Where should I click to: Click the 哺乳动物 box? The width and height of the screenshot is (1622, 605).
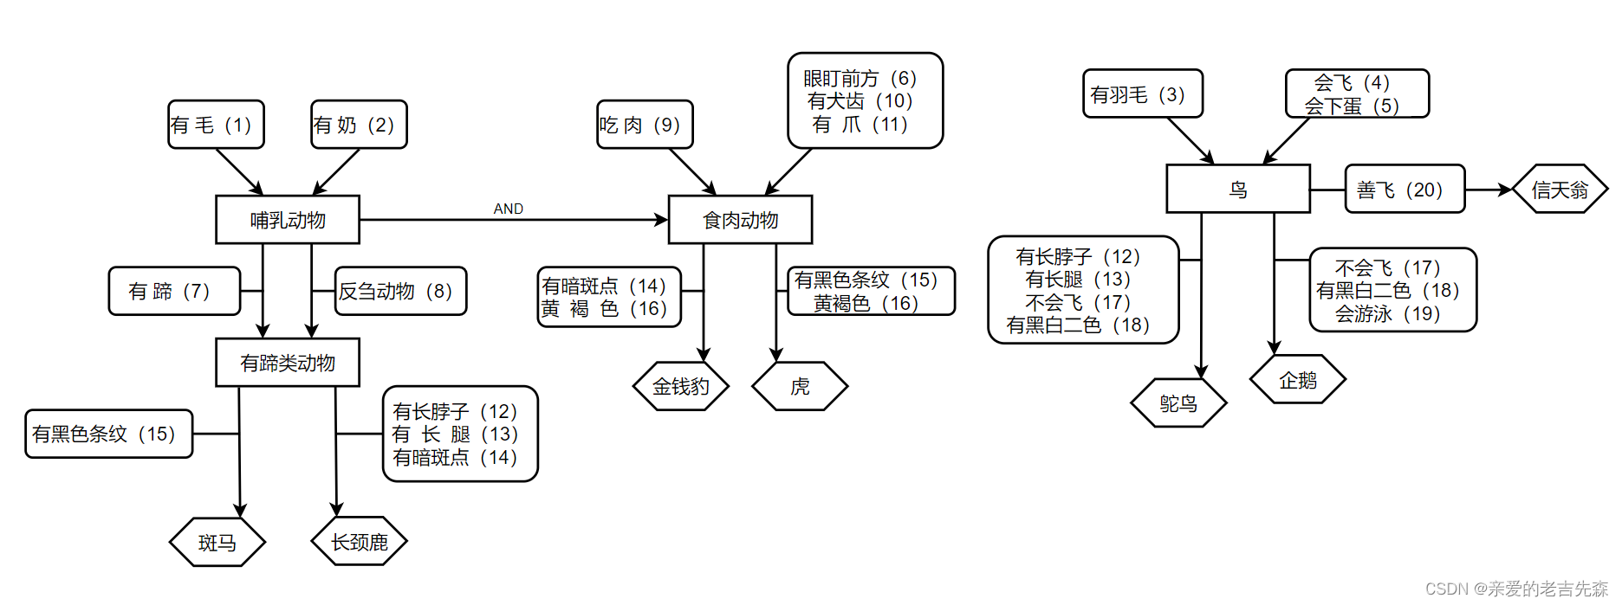[x=288, y=220]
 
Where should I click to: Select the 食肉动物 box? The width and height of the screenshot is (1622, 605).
[x=740, y=220]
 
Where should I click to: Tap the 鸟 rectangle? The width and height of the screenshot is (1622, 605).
[x=1237, y=189]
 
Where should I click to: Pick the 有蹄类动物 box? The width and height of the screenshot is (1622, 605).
[x=288, y=363]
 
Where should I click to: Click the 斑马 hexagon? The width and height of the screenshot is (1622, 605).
[x=217, y=543]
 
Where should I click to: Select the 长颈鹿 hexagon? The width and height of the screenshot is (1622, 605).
[x=359, y=542]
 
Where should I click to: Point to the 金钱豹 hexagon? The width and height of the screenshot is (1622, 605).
[x=681, y=386]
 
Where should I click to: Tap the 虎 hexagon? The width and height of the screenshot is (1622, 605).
[x=800, y=386]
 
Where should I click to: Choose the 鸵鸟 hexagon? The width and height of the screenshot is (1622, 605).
[x=1178, y=403]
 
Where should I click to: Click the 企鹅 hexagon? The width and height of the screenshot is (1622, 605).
[x=1297, y=380]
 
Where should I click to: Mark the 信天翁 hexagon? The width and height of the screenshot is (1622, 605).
[x=1560, y=189]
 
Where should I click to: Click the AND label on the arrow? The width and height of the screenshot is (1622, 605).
[x=509, y=209]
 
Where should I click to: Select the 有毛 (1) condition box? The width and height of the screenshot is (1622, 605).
[x=216, y=125]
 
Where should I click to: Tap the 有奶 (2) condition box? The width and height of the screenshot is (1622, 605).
[x=359, y=125]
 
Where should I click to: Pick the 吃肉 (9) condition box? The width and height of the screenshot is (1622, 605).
[x=645, y=125]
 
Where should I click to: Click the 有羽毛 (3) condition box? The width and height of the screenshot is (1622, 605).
[x=1142, y=93]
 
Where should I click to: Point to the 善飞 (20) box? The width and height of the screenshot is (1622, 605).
[x=1405, y=189]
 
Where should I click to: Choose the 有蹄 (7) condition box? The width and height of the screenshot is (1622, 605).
[x=174, y=291]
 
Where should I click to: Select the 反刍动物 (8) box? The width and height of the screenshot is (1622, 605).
[x=400, y=291]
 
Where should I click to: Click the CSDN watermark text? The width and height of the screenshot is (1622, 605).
[x=1516, y=589]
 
